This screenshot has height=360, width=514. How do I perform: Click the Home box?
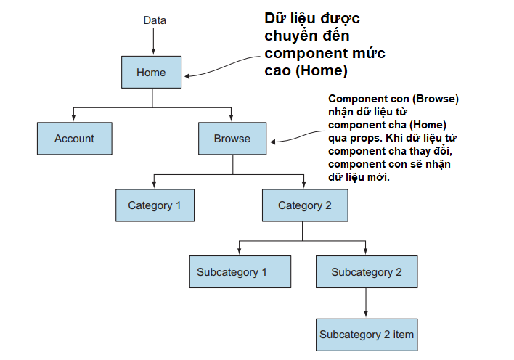point(151,72)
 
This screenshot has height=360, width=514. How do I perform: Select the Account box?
point(74,139)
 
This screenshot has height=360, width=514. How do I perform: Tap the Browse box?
point(232,139)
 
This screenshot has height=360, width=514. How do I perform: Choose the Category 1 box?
point(155,205)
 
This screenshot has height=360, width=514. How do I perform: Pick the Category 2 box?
point(305,205)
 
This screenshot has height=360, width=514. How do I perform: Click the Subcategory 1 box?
point(240,271)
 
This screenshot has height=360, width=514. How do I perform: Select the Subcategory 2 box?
point(367,271)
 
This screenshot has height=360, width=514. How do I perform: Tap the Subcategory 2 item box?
point(367,335)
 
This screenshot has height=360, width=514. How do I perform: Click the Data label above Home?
point(155,20)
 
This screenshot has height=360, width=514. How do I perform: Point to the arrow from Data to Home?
point(153,41)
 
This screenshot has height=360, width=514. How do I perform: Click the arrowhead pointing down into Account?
point(73,118)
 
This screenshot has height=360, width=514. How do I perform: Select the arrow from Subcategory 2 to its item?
point(366,302)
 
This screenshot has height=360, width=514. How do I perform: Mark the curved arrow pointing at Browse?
point(297,136)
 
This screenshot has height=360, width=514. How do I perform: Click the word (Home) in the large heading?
point(321,70)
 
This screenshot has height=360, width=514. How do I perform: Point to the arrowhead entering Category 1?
point(154,184)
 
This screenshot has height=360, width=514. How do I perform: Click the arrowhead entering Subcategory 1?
point(240,251)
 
